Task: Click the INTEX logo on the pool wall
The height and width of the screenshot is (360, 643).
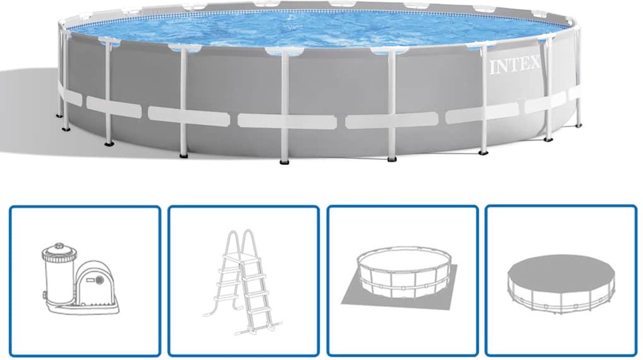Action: click(x=515, y=66)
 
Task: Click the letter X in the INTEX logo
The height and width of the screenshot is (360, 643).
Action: click(x=534, y=63)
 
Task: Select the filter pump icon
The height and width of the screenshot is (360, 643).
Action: click(x=81, y=279)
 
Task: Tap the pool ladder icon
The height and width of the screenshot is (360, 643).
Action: click(x=243, y=282)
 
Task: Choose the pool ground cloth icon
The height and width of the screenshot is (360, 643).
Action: click(x=399, y=278)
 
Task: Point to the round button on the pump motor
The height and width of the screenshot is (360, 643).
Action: click(x=99, y=280)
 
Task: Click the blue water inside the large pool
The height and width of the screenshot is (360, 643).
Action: click(x=316, y=29)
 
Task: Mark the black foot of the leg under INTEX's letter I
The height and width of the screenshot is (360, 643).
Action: click(x=483, y=153)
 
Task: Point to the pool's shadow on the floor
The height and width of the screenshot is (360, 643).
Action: click(x=29, y=115)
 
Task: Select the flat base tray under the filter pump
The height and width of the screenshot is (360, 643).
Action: click(x=83, y=309)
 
